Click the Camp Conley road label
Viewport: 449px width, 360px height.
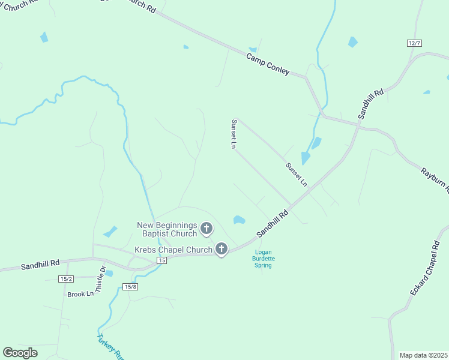tap(268, 64)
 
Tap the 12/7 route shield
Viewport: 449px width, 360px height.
tap(414, 43)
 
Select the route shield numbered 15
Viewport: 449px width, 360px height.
tap(161, 260)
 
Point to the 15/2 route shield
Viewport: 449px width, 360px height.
tap(66, 279)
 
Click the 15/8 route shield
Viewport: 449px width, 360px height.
tap(130, 287)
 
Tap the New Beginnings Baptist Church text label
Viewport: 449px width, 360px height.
tap(167, 229)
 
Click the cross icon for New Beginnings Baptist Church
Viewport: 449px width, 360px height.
tap(206, 228)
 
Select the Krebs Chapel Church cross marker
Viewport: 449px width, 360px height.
tap(221, 249)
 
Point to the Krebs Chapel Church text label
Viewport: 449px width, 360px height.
tap(173, 250)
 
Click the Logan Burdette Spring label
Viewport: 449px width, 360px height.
tap(264, 259)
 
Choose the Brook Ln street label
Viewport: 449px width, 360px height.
tap(80, 294)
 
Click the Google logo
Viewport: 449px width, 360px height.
tap(20, 353)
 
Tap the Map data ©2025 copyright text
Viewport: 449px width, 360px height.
tap(423, 355)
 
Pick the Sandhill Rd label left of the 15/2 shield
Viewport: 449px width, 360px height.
tap(40, 264)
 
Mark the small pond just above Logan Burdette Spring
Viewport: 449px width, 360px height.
tap(239, 220)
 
